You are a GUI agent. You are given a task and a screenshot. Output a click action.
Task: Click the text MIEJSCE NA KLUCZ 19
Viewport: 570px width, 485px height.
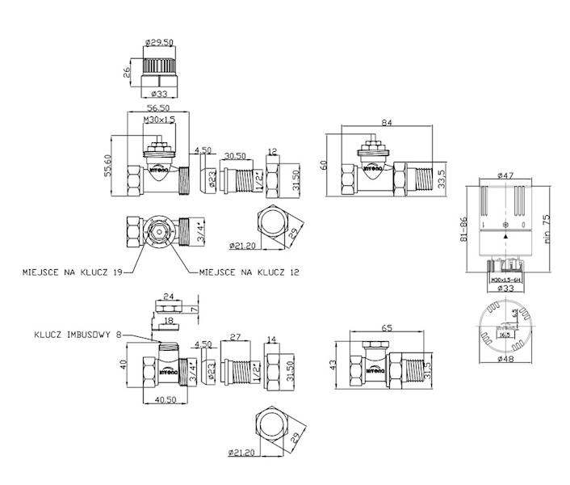tap(72, 273)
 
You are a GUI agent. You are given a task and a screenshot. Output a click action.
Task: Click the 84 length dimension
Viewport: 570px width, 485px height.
tap(388, 122)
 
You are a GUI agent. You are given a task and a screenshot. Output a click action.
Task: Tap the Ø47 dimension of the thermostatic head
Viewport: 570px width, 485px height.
tap(506, 175)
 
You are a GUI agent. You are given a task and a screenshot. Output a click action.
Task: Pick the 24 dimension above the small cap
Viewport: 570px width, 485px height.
tap(168, 296)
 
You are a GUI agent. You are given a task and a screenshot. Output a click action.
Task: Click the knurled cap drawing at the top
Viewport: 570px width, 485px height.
tap(160, 71)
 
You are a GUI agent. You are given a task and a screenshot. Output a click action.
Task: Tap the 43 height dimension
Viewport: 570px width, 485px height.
tap(331, 365)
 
